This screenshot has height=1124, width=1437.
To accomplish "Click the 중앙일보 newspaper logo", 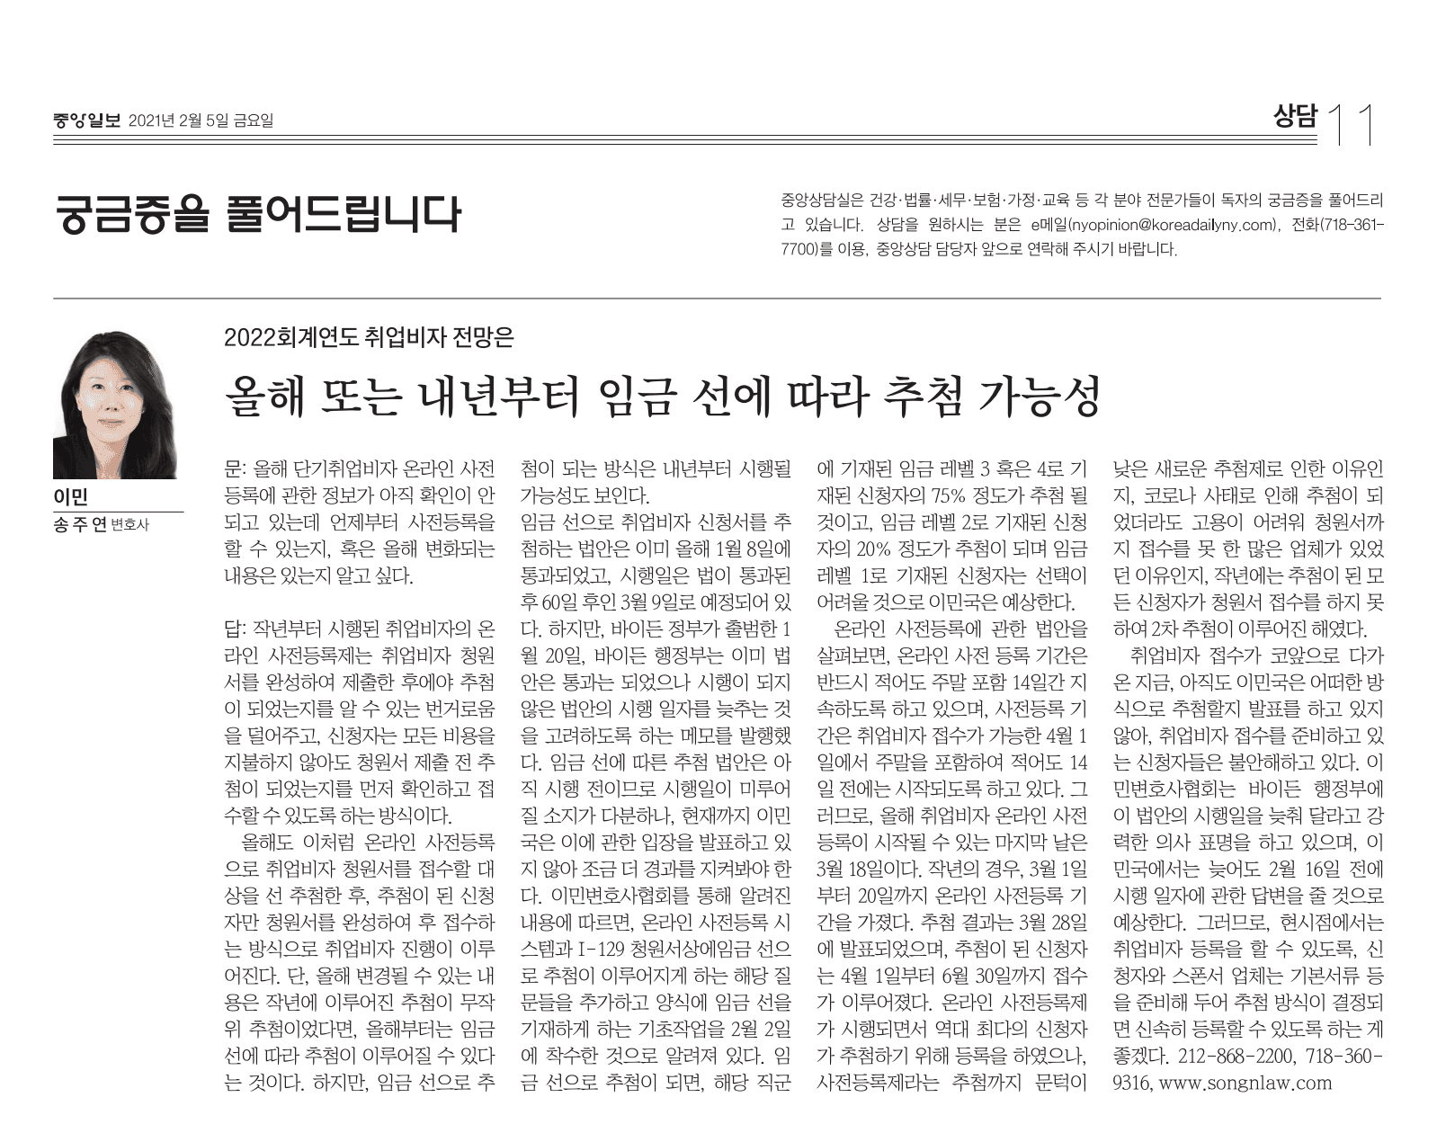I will [x=86, y=120].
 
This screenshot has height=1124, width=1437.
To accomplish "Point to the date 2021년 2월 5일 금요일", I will [x=201, y=120].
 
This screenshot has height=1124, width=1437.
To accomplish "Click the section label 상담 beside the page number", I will [x=1295, y=118].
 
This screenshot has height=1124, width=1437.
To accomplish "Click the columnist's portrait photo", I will [x=114, y=405].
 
